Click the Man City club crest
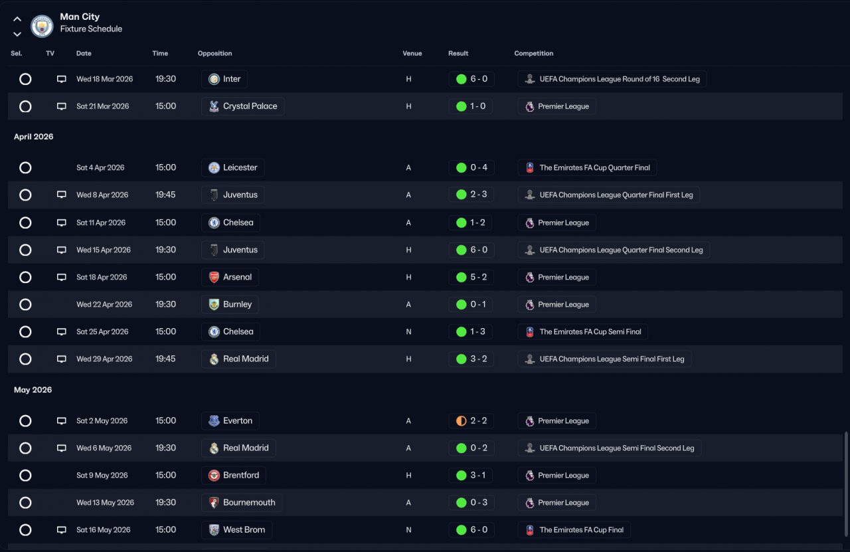pos(42,26)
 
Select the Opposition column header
pos(214,53)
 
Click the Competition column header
pos(533,53)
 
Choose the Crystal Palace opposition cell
pos(242,106)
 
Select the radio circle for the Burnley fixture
pos(25,304)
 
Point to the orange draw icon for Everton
pos(461,420)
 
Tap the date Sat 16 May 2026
pos(103,529)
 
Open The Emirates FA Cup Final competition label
pos(574,529)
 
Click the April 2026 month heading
pos(34,137)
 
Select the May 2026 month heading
pos(33,390)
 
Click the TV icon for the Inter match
pos(62,79)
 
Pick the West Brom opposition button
pos(236,529)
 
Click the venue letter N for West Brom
pos(408,529)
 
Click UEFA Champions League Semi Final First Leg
pos(604,359)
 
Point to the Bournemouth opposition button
pos(242,502)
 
